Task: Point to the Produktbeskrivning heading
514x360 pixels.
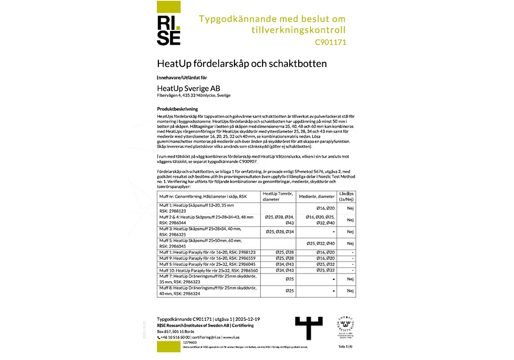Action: pos(178,110)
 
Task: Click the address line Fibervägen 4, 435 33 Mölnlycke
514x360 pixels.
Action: pos(194,96)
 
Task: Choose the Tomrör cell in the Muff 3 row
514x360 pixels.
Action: pos(279,231)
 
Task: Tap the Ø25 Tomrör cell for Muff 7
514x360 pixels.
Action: pos(289,279)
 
